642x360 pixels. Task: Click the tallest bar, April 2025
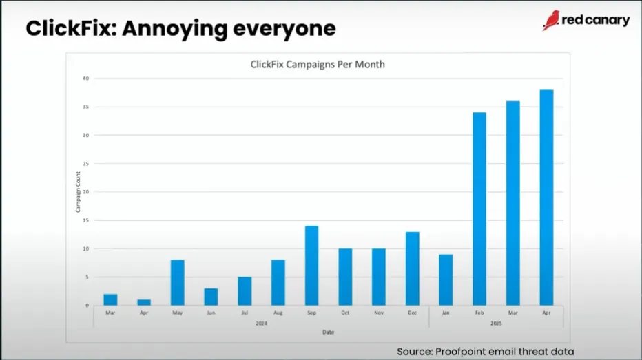click(x=546, y=198)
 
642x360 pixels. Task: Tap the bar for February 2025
click(x=479, y=209)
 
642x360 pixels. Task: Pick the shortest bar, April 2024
click(x=144, y=302)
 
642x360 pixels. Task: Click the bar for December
click(x=412, y=268)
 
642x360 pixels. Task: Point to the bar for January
click(x=446, y=279)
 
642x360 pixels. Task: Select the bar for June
click(x=211, y=297)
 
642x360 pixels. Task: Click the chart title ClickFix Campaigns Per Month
click(x=317, y=65)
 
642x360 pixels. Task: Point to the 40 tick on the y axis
click(x=86, y=78)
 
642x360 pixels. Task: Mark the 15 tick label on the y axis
click(x=86, y=220)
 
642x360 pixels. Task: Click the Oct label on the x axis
click(x=345, y=313)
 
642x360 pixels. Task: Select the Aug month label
click(x=278, y=313)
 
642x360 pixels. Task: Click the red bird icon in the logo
click(x=551, y=20)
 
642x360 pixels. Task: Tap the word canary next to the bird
click(x=606, y=21)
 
